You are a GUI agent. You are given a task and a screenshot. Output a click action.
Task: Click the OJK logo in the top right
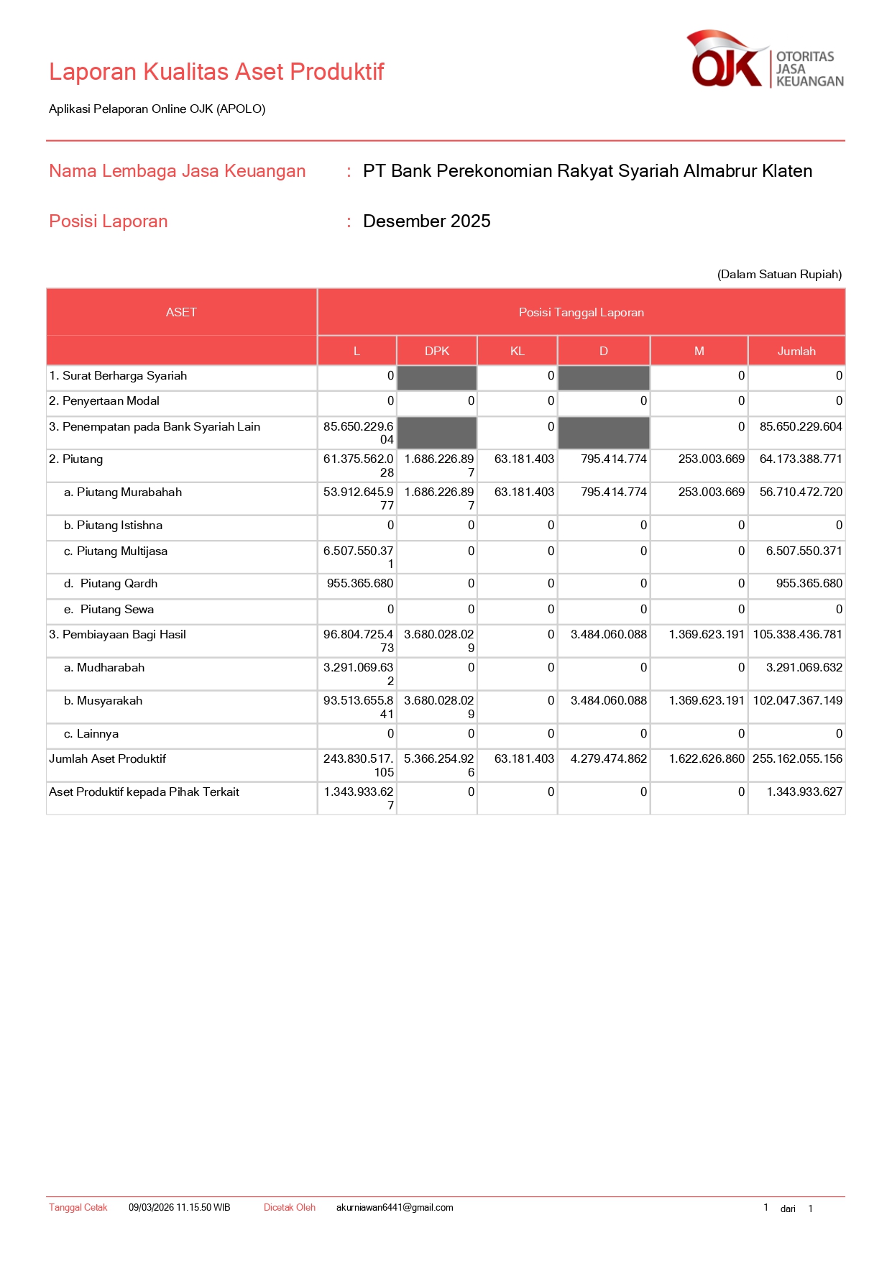[x=765, y=60]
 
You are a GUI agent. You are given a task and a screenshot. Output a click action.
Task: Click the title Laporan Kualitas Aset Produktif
[x=216, y=72]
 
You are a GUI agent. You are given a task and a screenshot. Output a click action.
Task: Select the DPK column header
[x=436, y=351]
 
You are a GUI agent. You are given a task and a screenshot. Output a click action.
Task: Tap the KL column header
[x=517, y=351]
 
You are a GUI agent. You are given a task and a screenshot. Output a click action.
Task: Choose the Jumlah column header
[x=796, y=351]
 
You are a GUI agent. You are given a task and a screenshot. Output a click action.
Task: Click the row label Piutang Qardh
[x=119, y=584]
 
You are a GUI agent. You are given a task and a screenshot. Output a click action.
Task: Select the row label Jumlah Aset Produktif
[x=107, y=759]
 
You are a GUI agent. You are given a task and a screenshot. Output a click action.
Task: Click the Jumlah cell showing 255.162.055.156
[x=797, y=759]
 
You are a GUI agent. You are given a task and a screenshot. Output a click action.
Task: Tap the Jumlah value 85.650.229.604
[x=801, y=427]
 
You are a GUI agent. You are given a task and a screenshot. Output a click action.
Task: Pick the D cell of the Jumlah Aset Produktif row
[x=609, y=759]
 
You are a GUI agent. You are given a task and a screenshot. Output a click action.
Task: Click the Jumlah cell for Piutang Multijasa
[x=804, y=551]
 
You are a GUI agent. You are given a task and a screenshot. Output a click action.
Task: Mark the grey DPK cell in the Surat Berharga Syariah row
[x=437, y=377]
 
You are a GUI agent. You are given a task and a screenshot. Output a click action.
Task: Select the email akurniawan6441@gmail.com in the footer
[x=395, y=1208]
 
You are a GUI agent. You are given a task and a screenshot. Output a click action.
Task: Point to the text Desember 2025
[x=426, y=221]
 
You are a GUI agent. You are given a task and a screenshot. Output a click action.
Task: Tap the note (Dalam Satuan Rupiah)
[x=779, y=275]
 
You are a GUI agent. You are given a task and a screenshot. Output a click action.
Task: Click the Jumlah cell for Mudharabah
[x=804, y=668]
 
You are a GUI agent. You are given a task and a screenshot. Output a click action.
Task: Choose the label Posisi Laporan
[x=108, y=221]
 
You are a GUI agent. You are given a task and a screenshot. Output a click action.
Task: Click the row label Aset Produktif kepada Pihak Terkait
[x=144, y=792]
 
